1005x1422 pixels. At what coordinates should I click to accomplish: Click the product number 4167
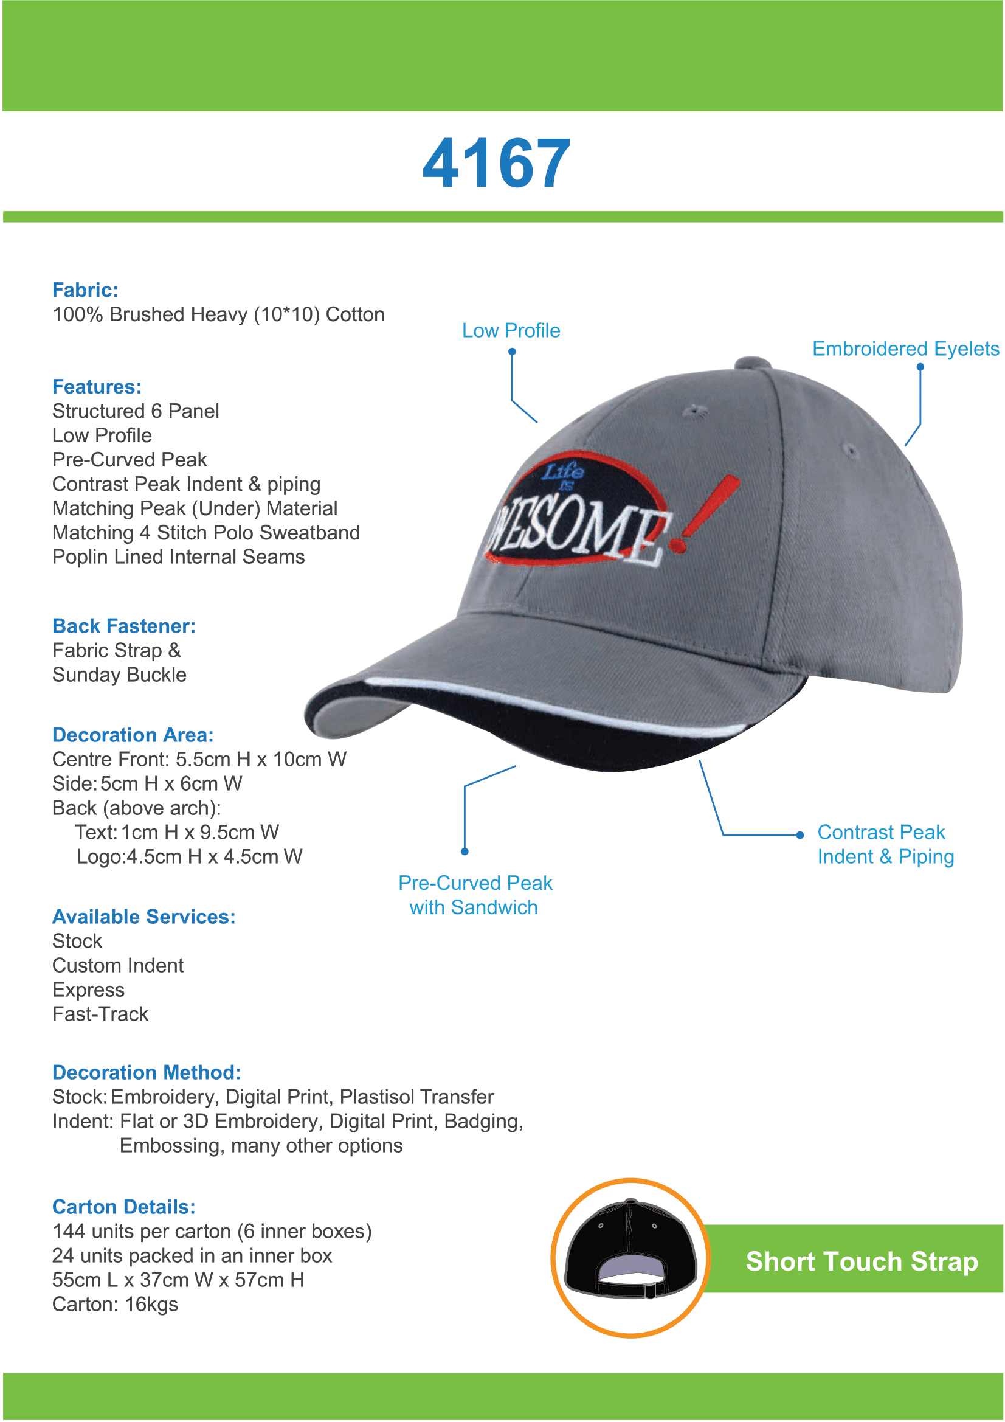click(496, 164)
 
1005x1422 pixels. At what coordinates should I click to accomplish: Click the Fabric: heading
click(85, 290)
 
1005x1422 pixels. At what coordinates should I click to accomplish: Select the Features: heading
click(97, 386)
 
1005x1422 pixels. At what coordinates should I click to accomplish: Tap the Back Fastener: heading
click(124, 625)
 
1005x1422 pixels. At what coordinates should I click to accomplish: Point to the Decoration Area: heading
click(133, 735)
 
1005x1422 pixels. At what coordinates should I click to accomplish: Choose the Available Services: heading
click(143, 916)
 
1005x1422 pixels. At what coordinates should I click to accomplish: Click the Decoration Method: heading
click(146, 1072)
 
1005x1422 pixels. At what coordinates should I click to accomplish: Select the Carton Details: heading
click(124, 1207)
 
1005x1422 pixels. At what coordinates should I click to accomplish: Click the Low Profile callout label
click(511, 330)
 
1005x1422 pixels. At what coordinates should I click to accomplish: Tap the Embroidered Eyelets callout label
click(905, 349)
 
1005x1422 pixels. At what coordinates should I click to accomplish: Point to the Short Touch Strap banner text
click(862, 1261)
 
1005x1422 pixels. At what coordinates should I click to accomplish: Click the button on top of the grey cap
click(751, 362)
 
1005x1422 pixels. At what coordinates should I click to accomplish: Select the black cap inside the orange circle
click(630, 1251)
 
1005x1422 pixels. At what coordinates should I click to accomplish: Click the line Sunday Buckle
click(120, 675)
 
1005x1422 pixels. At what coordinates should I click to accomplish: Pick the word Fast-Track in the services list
click(100, 1014)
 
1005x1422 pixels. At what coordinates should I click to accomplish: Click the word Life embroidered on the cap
click(563, 471)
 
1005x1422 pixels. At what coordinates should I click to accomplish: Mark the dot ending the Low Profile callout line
click(512, 352)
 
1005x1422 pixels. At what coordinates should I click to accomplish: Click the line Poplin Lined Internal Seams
click(178, 557)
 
